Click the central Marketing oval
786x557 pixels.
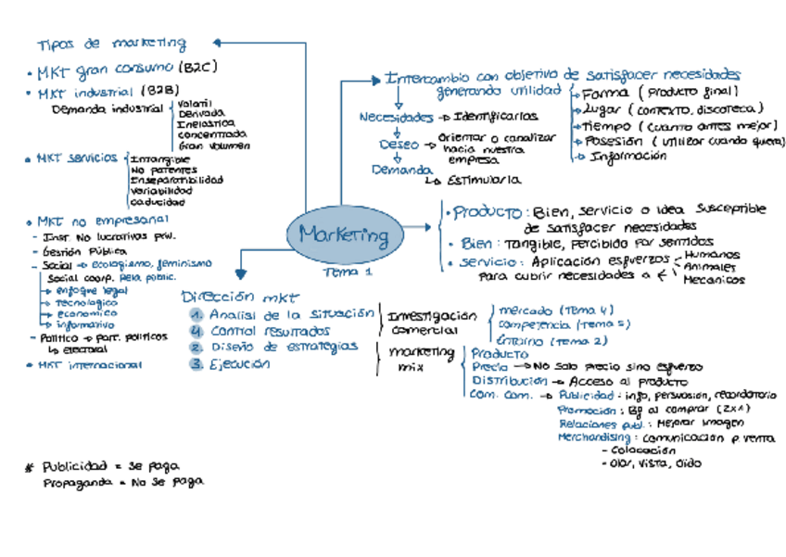[344, 236]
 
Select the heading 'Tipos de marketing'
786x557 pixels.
[111, 44]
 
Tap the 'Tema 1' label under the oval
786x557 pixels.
[348, 272]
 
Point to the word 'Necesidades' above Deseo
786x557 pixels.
[396, 118]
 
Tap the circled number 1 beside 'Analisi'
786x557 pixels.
[196, 314]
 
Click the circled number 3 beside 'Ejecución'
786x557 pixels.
[196, 364]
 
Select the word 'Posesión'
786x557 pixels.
[612, 141]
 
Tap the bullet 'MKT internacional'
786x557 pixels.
[89, 365]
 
